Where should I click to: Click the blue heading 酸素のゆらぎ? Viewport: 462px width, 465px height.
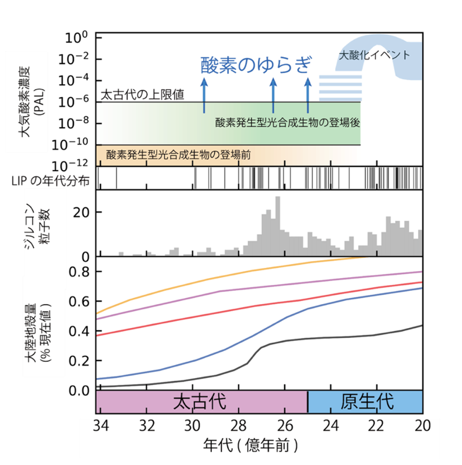pyautogui.click(x=256, y=65)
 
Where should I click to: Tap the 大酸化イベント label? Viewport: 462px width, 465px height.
pyautogui.click(x=374, y=55)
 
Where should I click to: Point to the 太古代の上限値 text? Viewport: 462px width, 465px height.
pyautogui.click(x=142, y=95)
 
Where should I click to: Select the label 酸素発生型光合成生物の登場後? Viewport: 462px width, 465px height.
pyautogui.click(x=288, y=122)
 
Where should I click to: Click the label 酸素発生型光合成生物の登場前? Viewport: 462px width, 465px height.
pyautogui.click(x=179, y=155)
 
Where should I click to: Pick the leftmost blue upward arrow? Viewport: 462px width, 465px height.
pyautogui.click(x=204, y=96)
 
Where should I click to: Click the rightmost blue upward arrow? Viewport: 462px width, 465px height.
pyautogui.click(x=308, y=96)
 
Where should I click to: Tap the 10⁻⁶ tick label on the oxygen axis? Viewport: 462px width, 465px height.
pyautogui.click(x=73, y=102)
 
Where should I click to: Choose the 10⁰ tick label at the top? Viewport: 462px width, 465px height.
pyautogui.click(x=76, y=37)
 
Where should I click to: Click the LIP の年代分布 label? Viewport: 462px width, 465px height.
pyautogui.click(x=51, y=180)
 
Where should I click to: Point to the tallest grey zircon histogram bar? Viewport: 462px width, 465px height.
pyautogui.click(x=278, y=227)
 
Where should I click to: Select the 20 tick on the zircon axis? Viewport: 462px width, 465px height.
pyautogui.click(x=81, y=212)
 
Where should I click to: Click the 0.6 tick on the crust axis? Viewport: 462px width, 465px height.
pyautogui.click(x=79, y=301)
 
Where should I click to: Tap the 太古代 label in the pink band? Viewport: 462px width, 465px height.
pyautogui.click(x=199, y=402)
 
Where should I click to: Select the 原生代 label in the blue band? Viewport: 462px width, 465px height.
pyautogui.click(x=367, y=402)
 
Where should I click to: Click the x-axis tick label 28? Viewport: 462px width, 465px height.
pyautogui.click(x=239, y=426)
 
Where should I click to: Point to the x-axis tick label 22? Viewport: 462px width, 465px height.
pyautogui.click(x=377, y=426)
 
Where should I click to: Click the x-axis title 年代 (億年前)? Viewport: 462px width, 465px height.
pyautogui.click(x=250, y=445)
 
